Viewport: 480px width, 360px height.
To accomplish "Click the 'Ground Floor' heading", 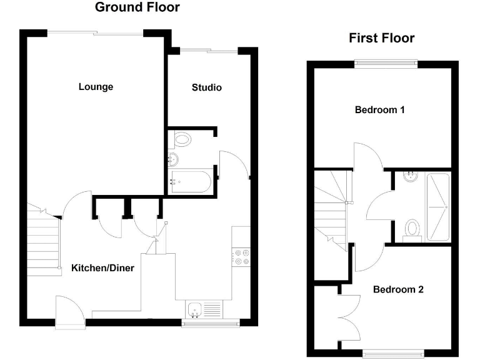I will [137, 8].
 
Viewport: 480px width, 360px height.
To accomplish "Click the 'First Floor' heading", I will [381, 38].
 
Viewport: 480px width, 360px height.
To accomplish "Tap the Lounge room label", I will [96, 87].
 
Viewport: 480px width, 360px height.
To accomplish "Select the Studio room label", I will [206, 87].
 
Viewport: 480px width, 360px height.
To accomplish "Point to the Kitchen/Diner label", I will [102, 268].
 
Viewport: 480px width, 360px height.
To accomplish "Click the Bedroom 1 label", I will [380, 110].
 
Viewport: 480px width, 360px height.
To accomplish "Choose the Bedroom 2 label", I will [398, 289].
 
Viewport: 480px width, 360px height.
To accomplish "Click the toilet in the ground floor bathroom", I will [182, 139].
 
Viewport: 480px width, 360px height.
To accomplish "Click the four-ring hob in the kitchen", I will [241, 256].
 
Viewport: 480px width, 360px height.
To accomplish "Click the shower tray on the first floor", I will [437, 207].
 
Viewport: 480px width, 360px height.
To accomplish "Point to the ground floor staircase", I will [44, 241].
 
